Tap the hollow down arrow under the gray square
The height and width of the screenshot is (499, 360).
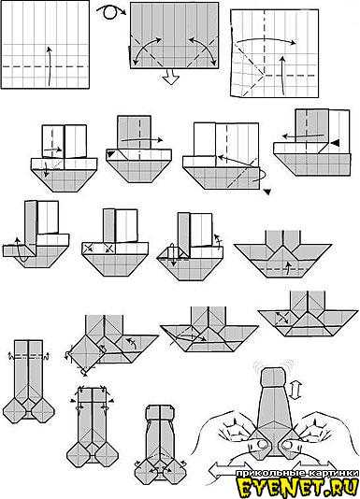coord(168,78)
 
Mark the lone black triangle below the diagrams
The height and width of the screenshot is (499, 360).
coord(267,192)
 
